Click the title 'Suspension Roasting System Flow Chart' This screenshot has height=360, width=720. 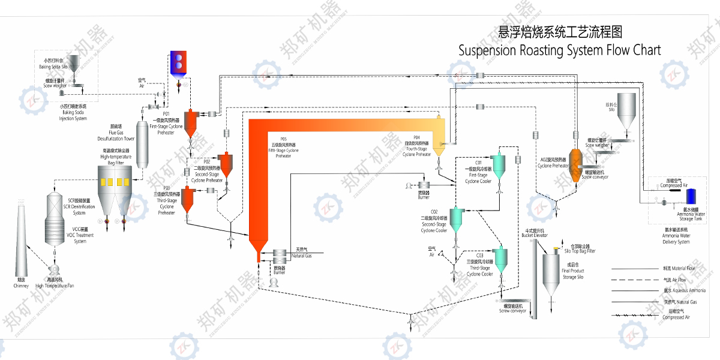pos(559,50)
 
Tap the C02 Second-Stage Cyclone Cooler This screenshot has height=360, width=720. pos(457,220)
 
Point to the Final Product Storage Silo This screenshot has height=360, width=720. pos(551,273)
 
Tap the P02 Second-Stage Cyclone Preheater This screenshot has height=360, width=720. pos(226,164)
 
